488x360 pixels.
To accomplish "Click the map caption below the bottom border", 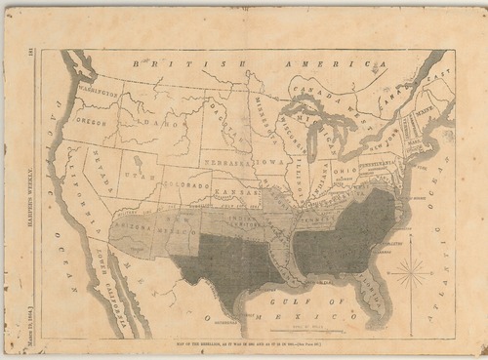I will tap(248, 346).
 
